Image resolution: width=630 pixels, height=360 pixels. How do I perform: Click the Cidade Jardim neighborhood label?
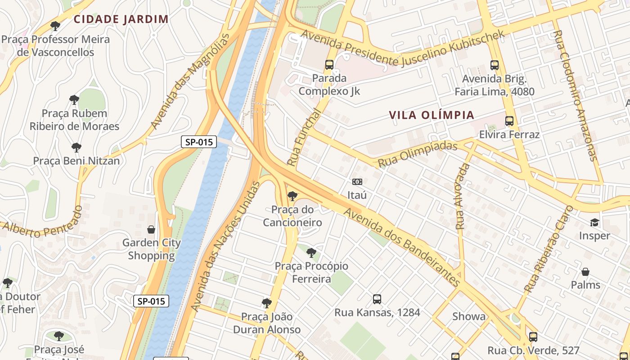click(121, 19)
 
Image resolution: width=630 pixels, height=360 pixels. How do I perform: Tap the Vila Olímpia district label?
click(432, 115)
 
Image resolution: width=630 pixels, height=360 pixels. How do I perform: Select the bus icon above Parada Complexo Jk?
click(329, 65)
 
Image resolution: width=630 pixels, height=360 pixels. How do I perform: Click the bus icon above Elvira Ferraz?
click(509, 121)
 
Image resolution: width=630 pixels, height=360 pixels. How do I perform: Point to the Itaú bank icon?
click(357, 182)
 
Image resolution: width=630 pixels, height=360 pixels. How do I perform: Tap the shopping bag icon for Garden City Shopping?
click(151, 229)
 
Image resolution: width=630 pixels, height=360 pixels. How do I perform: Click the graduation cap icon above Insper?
click(594, 222)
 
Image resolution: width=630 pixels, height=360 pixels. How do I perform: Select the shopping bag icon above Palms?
click(585, 272)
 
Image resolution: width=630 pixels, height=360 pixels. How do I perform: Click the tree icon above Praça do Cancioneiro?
click(292, 196)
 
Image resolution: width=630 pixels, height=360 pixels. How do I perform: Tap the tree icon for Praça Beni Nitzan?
click(76, 147)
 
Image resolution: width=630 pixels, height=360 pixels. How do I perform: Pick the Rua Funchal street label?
click(305, 137)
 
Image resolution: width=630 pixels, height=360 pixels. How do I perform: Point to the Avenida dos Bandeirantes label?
click(402, 248)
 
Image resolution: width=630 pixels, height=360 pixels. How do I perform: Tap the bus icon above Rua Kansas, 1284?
click(377, 299)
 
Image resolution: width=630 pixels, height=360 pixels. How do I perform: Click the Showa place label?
click(469, 316)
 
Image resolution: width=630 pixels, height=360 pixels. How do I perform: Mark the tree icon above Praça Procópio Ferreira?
click(311, 252)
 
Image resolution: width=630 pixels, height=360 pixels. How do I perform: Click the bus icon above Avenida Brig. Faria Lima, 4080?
click(495, 65)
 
